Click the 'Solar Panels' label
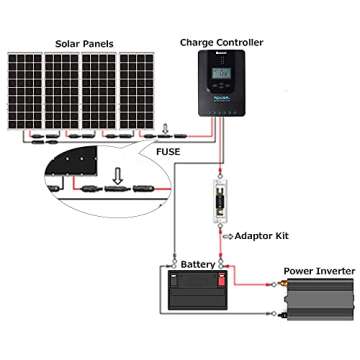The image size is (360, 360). tap(73, 44)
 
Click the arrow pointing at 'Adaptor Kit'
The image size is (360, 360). tap(228, 236)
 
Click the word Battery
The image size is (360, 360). tap(197, 263)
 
